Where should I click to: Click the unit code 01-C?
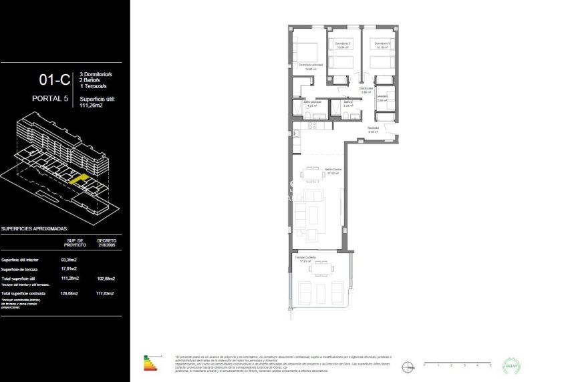55,80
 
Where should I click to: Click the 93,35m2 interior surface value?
69,260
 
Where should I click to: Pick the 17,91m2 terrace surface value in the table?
69,269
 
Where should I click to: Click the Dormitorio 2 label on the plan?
343,45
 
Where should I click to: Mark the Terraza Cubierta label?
305,258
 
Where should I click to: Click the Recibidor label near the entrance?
374,129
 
